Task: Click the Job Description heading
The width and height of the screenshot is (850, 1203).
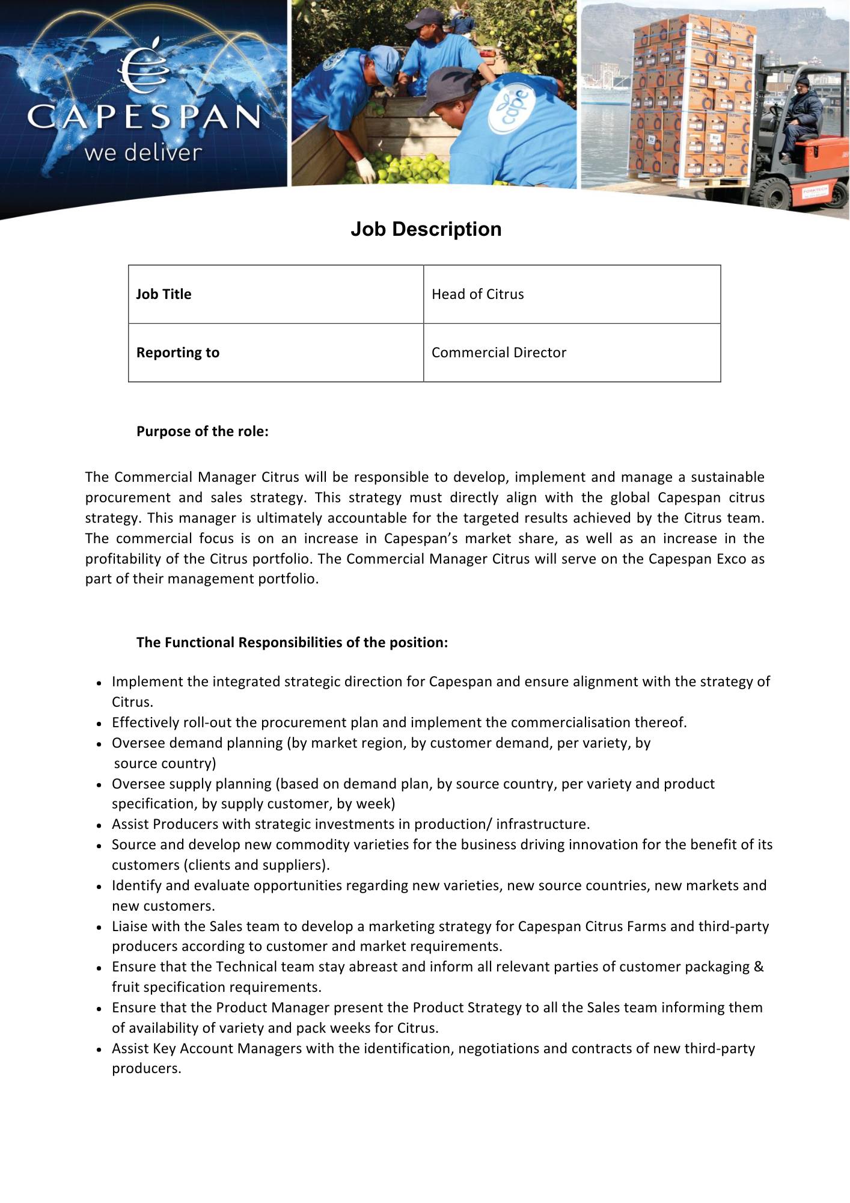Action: tap(426, 229)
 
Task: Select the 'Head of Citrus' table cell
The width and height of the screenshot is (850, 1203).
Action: tap(477, 294)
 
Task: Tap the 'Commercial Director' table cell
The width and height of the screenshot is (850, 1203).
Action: tap(498, 352)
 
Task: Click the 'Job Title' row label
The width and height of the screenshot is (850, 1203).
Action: tap(164, 294)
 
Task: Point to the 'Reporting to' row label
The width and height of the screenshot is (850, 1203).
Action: tap(177, 352)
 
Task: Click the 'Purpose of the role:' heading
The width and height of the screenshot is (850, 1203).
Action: tap(202, 431)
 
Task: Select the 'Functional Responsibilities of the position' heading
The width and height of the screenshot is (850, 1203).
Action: tap(292, 642)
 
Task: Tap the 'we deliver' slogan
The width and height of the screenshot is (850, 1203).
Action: tap(143, 153)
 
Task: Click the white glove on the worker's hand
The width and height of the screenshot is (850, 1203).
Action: tap(365, 170)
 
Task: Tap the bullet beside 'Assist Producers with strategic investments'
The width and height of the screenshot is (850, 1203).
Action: tap(100, 825)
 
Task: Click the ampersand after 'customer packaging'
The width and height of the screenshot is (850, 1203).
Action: tap(759, 967)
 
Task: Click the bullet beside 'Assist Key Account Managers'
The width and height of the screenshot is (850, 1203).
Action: tap(100, 1049)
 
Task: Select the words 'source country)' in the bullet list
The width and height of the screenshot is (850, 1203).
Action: tap(164, 763)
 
